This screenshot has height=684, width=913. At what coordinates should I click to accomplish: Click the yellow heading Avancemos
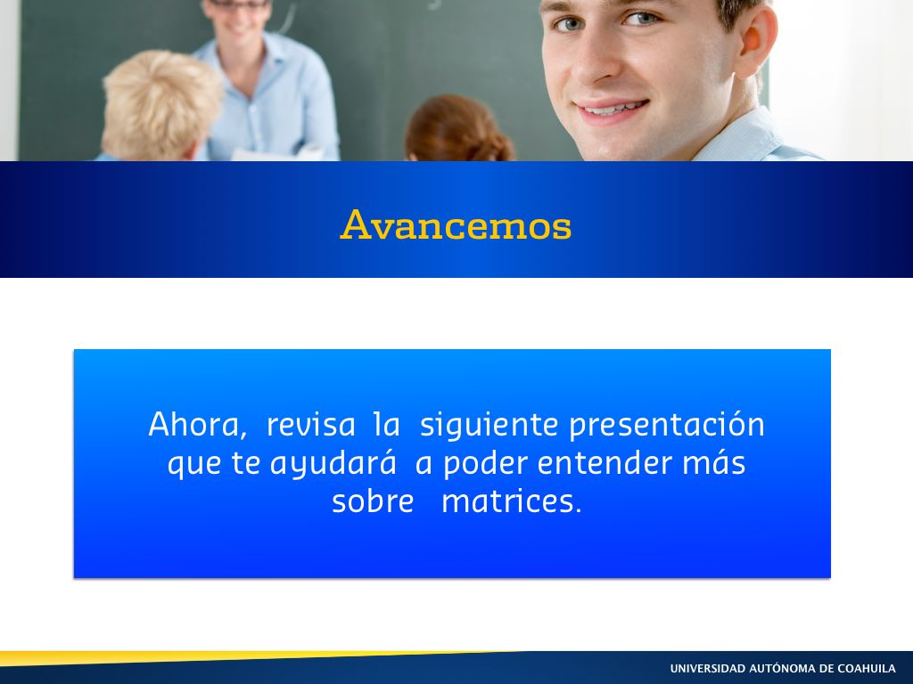pyautogui.click(x=456, y=224)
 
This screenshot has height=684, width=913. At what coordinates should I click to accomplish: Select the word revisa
pyautogui.click(x=310, y=425)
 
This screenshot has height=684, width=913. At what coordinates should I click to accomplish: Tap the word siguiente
pyautogui.click(x=489, y=426)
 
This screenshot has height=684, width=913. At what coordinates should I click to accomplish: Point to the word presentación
pyautogui.click(x=667, y=425)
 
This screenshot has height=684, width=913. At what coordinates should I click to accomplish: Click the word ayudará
pyautogui.click(x=333, y=464)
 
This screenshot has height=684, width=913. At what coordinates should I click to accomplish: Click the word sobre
pyautogui.click(x=373, y=501)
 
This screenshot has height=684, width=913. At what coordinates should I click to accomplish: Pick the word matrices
pyautogui.click(x=512, y=501)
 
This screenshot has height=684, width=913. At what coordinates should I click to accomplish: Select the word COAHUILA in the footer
pyautogui.click(x=868, y=668)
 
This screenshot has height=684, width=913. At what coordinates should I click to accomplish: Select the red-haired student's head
pyautogui.click(x=459, y=129)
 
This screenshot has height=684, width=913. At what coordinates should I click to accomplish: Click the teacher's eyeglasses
pyautogui.click(x=240, y=4)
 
